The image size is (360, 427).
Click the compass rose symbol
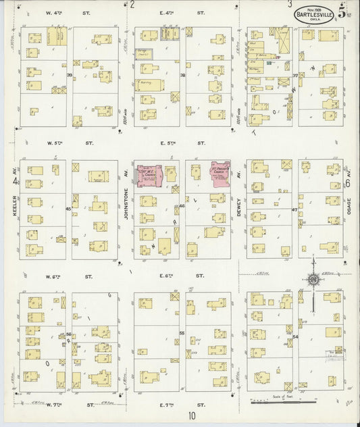[313, 280]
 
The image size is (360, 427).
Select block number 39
[69, 75]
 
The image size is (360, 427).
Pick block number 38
[182, 75]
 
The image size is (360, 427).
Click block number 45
[68, 209]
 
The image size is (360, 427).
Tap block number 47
[294, 210]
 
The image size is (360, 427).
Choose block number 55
[182, 334]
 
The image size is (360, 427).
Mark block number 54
[295, 336]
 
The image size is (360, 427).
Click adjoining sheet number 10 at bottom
[192, 417]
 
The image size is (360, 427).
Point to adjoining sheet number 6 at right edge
[348, 182]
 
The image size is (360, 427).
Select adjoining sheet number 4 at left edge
[14, 182]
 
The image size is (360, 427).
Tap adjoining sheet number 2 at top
[132, 5]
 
